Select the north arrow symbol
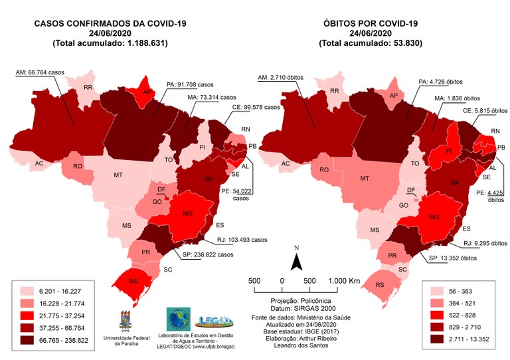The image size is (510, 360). pos(297,260)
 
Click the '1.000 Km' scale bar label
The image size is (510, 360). pos(344,281)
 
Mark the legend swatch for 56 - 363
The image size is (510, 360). pos(437,291)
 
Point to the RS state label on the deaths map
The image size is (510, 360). pos(379,285)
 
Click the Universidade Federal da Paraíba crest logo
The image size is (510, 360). pos(124,320)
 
